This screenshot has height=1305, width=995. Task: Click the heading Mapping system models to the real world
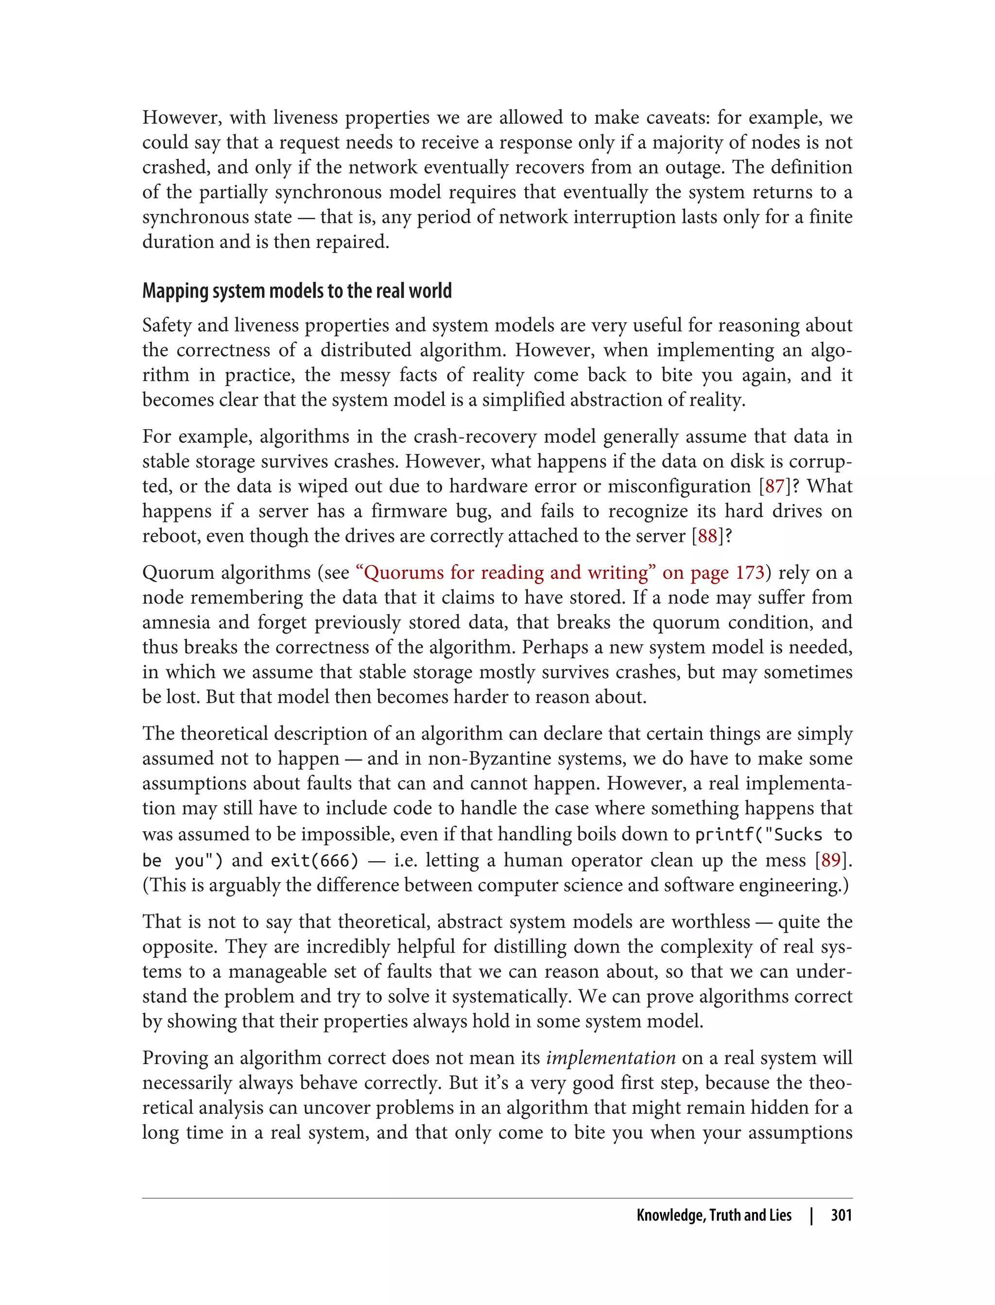point(297,291)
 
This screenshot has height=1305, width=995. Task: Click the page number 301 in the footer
point(841,1215)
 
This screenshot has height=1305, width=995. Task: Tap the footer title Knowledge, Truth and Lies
point(714,1215)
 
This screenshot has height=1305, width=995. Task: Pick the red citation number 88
point(708,536)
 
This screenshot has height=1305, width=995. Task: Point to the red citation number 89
point(831,860)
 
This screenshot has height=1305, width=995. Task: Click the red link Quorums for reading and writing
point(505,573)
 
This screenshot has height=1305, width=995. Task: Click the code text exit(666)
point(314,860)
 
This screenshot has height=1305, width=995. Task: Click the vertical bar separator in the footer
point(811,1215)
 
